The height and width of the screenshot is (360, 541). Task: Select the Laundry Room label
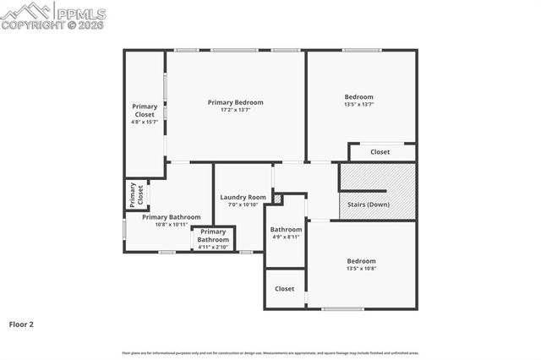click(x=243, y=197)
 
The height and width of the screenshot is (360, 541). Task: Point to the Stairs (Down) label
click(x=369, y=204)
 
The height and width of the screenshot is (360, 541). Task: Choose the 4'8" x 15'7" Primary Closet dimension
click(x=145, y=123)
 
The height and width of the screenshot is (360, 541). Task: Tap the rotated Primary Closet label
click(x=136, y=194)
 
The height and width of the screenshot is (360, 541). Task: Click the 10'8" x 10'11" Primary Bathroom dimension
click(x=171, y=225)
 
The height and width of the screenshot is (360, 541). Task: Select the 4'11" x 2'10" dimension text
click(x=213, y=247)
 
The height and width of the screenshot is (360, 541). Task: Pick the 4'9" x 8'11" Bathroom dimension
click(x=286, y=237)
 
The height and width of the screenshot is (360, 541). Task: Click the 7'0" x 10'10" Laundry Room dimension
click(x=243, y=205)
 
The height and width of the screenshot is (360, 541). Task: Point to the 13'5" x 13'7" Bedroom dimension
click(x=358, y=105)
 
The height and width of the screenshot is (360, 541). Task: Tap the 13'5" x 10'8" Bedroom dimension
click(x=361, y=269)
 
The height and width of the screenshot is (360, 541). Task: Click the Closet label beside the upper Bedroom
click(x=380, y=152)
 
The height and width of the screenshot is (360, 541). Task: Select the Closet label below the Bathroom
click(x=285, y=289)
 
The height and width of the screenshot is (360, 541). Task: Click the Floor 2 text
click(x=21, y=324)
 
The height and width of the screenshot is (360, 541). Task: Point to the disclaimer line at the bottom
click(x=270, y=352)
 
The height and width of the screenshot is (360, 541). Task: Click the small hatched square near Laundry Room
click(x=276, y=199)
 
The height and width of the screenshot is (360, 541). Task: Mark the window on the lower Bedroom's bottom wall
click(x=343, y=308)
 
